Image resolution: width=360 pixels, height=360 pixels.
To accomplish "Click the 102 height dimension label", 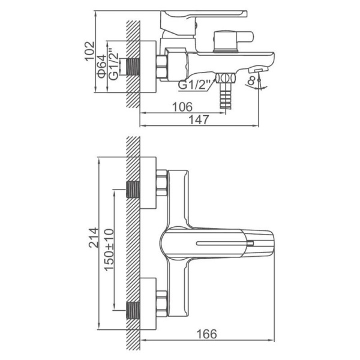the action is click(89, 51).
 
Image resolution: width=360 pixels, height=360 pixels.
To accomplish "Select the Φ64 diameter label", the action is click(102, 67).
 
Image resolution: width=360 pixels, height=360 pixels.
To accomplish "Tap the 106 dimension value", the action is click(182, 107).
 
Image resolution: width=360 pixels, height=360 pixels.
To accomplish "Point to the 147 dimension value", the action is click(199, 119).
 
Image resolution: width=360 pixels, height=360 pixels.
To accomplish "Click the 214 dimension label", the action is click(94, 238).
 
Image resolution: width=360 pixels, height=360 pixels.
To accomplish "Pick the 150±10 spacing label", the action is click(109, 250).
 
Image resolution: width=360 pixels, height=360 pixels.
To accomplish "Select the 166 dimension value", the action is click(206, 334).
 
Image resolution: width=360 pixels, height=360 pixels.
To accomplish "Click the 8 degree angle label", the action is click(251, 81).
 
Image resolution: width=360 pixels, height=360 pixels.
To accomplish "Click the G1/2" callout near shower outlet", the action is click(194, 85).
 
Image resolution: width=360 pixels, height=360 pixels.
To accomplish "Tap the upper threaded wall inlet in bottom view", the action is click(133, 190).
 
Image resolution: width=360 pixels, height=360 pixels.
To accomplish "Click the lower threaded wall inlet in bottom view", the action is click(133, 310).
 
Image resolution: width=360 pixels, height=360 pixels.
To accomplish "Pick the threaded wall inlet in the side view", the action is click(133, 67).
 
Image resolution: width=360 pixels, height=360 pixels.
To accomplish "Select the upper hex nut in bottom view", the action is click(161, 183).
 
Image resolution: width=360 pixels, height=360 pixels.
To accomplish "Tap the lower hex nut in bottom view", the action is click(161, 304).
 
